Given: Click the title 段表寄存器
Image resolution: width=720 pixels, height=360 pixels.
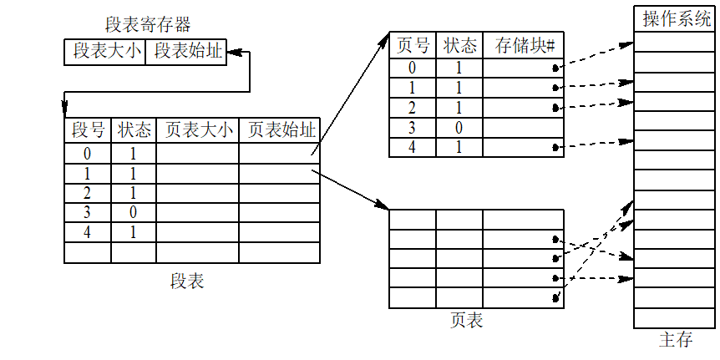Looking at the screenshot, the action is pyautogui.click(x=148, y=24).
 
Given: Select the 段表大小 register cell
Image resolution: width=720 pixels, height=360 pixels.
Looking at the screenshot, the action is pyautogui.click(x=104, y=52).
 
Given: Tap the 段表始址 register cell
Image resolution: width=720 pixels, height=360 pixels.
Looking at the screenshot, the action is pyautogui.click(x=186, y=52).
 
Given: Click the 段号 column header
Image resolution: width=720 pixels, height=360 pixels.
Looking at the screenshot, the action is pyautogui.click(x=88, y=131).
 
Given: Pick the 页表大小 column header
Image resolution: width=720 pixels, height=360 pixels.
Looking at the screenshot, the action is pyautogui.click(x=197, y=131).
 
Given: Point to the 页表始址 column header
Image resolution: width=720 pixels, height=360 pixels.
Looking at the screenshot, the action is pyautogui.click(x=279, y=131).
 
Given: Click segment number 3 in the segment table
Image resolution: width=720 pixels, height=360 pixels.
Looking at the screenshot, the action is pyautogui.click(x=88, y=213).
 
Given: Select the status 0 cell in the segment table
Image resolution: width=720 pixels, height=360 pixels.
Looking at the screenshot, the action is pyautogui.click(x=134, y=213).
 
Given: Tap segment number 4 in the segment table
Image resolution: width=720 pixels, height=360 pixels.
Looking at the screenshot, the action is pyautogui.click(x=88, y=233).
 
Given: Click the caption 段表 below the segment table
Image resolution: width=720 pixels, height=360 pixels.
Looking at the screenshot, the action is pyautogui.click(x=187, y=281).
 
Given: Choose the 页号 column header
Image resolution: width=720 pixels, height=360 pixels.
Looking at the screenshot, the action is pyautogui.click(x=413, y=45).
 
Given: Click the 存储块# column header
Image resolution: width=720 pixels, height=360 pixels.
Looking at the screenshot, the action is pyautogui.click(x=523, y=45).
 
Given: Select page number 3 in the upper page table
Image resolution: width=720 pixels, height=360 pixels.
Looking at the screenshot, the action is pyautogui.click(x=413, y=128).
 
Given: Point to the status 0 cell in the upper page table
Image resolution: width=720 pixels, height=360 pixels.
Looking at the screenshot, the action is pyautogui.click(x=459, y=128).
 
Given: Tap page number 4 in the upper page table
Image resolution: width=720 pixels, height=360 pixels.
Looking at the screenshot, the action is pyautogui.click(x=413, y=147).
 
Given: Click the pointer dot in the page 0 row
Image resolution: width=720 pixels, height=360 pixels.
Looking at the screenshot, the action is pyautogui.click(x=555, y=68).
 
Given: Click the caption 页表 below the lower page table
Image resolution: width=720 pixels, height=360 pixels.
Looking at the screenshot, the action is pyautogui.click(x=467, y=320).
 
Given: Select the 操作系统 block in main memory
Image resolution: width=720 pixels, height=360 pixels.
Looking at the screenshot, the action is pyautogui.click(x=676, y=19).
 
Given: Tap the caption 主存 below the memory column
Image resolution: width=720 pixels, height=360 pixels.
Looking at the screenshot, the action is pyautogui.click(x=676, y=339).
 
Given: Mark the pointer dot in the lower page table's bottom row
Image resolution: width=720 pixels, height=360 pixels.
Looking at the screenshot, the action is pyautogui.click(x=555, y=298).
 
